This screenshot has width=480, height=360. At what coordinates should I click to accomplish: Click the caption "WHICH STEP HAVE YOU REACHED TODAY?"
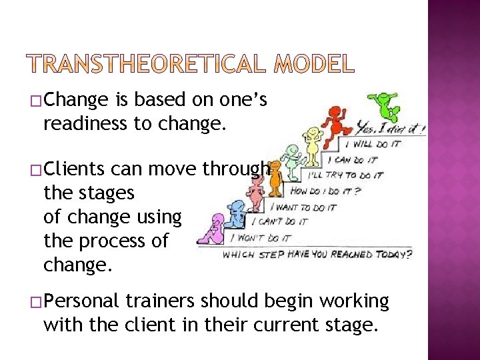pyautogui.click(x=317, y=255)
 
